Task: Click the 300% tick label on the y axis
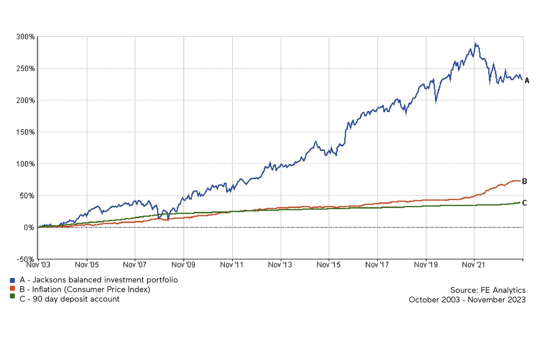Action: coord(25,37)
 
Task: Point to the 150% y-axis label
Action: coord(25,132)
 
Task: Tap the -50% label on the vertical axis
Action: coord(25,259)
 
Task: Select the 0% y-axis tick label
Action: coord(29,228)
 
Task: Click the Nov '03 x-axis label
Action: coord(38,265)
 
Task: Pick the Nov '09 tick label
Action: coord(183,265)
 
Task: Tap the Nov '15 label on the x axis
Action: coord(329,265)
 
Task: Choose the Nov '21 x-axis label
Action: coord(474,265)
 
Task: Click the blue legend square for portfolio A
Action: coord(12,280)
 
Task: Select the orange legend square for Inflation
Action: coord(12,289)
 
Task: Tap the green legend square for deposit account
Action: coord(12,296)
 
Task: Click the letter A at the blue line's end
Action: coord(527,81)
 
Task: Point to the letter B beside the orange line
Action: coord(525,181)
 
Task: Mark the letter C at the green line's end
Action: coord(525,203)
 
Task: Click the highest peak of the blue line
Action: coord(475,43)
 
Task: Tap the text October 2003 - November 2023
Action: coord(467,300)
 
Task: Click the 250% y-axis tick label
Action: coord(25,68)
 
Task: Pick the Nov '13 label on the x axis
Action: coord(280,265)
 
